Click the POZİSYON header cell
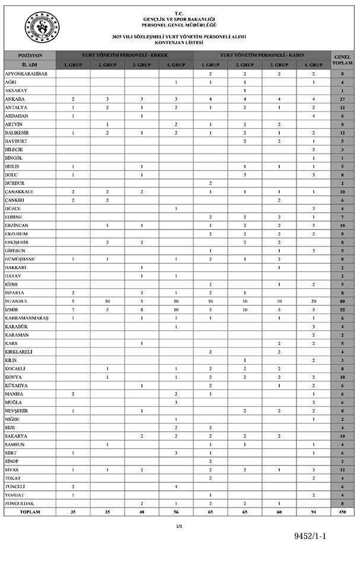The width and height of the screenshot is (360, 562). coord(30,55)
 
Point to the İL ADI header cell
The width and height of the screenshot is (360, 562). coord(30,63)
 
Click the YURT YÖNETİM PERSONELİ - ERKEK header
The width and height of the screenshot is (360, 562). coord(125,55)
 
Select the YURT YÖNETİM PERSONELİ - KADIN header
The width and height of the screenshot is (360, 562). coord(262,55)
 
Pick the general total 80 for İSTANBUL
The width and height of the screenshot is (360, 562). coord(342,301)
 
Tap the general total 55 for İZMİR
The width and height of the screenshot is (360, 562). coord(342,309)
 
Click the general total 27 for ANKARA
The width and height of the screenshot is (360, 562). coord(342,98)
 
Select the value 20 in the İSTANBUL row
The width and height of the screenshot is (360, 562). coord(314,301)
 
